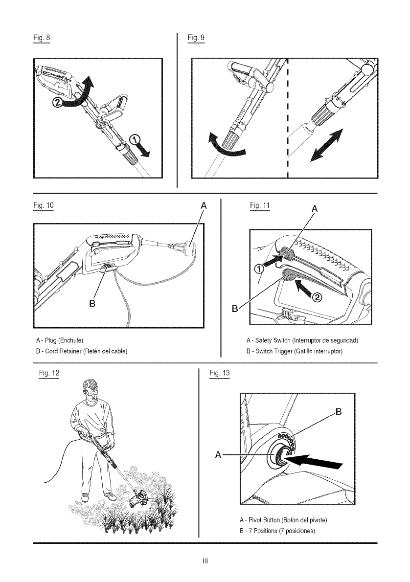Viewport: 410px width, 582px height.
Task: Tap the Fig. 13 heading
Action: click(216, 374)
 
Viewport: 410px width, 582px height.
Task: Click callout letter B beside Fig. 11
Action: click(236, 309)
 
